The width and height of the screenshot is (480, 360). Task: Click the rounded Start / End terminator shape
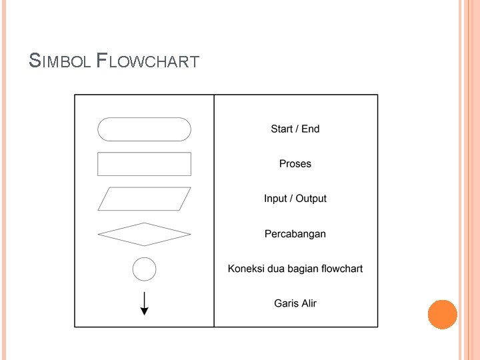point(144,129)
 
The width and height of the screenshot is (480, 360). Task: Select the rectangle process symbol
point(144,164)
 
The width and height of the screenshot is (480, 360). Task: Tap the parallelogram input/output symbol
point(144,199)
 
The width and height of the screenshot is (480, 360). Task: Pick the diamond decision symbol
point(144,234)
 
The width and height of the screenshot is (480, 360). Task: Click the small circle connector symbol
point(145,269)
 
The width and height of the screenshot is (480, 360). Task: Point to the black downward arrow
point(145,304)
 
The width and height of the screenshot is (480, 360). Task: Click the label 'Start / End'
point(295,129)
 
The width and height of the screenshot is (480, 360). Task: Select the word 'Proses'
point(295,164)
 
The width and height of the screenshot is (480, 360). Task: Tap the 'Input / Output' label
point(295,199)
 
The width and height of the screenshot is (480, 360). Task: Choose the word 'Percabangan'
point(295,234)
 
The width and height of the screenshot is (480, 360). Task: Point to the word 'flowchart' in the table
point(341,269)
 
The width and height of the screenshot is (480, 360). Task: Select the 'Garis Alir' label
point(295,303)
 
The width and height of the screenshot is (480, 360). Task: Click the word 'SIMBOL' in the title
point(60,62)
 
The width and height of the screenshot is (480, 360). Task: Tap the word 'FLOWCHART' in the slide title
point(147,62)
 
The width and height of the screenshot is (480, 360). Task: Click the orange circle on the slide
point(443,315)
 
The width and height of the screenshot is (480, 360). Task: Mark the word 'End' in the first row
point(311,129)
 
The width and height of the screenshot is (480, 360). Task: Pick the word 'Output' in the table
point(311,199)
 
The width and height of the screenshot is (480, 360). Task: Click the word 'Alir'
point(308,303)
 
